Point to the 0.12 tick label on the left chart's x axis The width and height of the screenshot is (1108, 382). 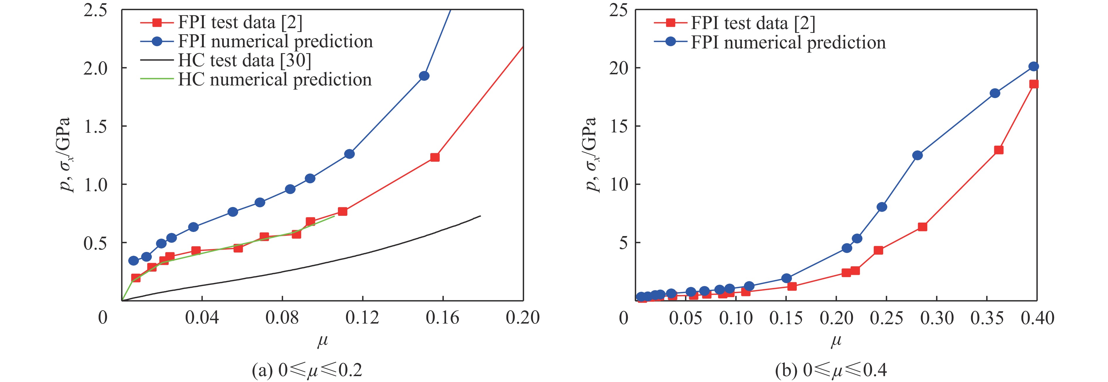(362, 318)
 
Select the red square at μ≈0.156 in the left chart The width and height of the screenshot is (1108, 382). (435, 157)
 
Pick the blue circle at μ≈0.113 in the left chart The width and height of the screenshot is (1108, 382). (349, 154)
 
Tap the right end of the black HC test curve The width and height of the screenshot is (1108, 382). (480, 216)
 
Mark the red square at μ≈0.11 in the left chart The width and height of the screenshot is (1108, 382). (342, 211)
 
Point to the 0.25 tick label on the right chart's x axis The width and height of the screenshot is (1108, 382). (886, 318)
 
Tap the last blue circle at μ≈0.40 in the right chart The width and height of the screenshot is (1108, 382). (1034, 66)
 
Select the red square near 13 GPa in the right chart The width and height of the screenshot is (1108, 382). (999, 150)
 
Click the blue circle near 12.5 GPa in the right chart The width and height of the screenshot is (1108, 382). (917, 155)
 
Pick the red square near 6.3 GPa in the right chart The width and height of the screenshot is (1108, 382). (922, 227)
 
